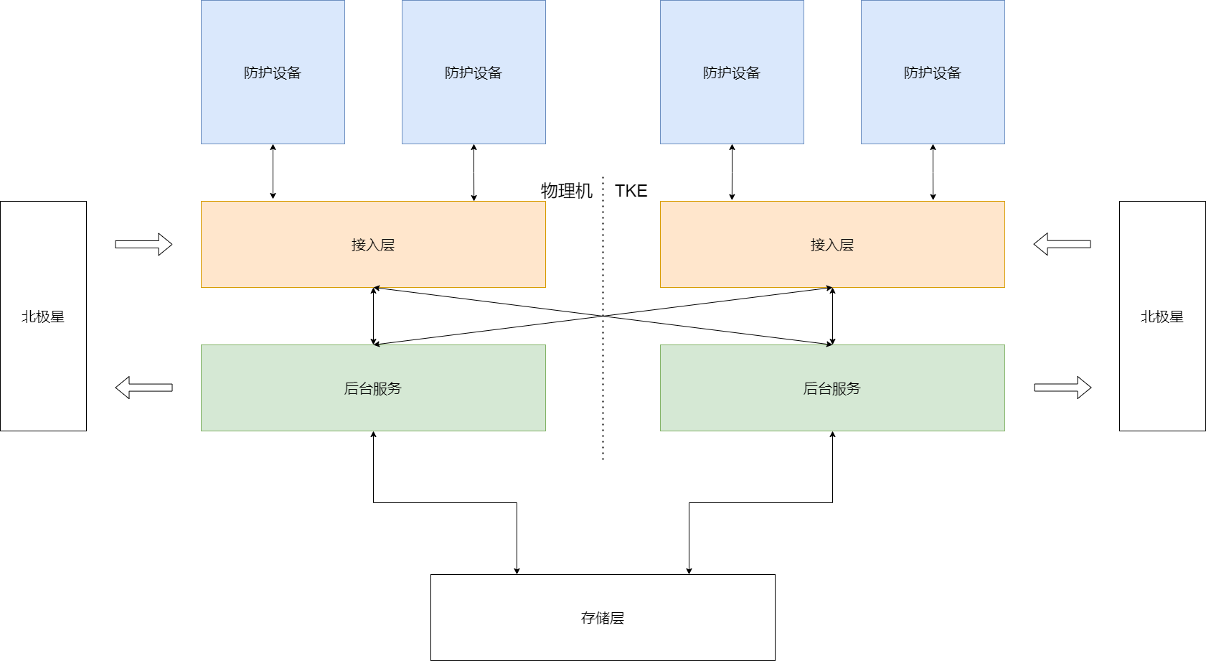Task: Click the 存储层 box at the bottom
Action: [x=603, y=617]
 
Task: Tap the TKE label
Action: [x=631, y=191]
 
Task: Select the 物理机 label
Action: [x=566, y=191]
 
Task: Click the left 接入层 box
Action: [x=373, y=245]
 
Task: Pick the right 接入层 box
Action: [x=832, y=245]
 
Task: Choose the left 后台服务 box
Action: [x=373, y=388]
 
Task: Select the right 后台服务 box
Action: [x=832, y=388]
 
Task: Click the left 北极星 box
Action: [x=43, y=317]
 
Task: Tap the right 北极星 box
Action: [x=1162, y=317]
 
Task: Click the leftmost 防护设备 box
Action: [x=273, y=72]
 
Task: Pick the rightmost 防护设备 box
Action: [x=933, y=72]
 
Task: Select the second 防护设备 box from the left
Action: [x=474, y=72]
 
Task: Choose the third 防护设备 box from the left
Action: [x=732, y=72]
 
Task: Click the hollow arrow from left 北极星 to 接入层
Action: [x=143, y=245]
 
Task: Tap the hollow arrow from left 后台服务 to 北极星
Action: [x=143, y=388]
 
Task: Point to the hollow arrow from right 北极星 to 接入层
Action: [x=1062, y=244]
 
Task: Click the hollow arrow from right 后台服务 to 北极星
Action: [x=1063, y=388]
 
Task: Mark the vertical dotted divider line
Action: [x=603, y=402]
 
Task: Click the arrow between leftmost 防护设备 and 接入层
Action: [x=273, y=172]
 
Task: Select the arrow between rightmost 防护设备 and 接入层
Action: [x=933, y=172]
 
